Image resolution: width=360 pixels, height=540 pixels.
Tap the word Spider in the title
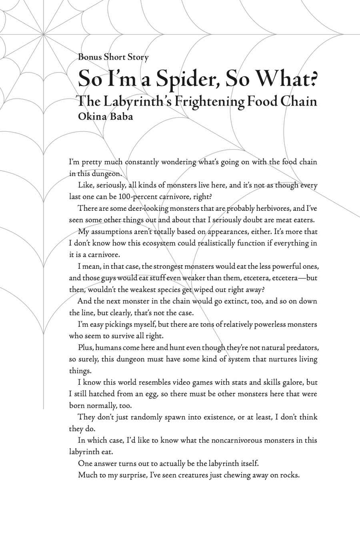pyautogui.click(x=186, y=79)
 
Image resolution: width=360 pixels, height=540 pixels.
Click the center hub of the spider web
pyautogui.click(x=43, y=36)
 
